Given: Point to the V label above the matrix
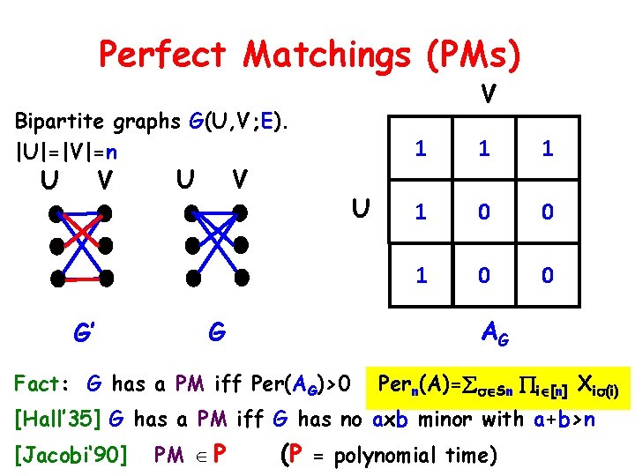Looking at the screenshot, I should [x=487, y=92].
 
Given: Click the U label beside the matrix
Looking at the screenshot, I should [x=359, y=211].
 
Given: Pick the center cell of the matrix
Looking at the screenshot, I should [x=483, y=212].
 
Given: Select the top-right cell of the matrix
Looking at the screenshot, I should [x=547, y=149].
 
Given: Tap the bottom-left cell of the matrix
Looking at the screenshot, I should [x=421, y=275].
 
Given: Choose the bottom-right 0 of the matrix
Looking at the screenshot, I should [x=547, y=275].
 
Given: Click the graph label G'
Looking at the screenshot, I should [x=84, y=334].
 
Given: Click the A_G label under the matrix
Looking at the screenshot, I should [x=493, y=332].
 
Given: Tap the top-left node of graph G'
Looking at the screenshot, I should [x=57, y=212].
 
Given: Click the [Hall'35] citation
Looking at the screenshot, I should [x=56, y=419].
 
